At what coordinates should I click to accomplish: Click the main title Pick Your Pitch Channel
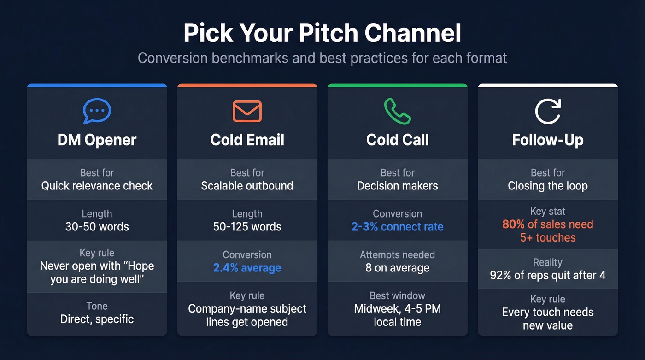[x=322, y=33]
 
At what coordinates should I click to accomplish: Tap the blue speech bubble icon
[x=97, y=111]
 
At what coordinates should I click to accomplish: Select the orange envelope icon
[x=247, y=111]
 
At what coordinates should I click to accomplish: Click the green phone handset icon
[x=397, y=111]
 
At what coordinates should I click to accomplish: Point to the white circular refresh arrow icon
[x=548, y=111]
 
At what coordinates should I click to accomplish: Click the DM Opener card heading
[x=97, y=140]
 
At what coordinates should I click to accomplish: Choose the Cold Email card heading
[x=247, y=140]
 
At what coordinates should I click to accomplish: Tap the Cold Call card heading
[x=397, y=140]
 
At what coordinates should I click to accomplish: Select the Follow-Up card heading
[x=548, y=140]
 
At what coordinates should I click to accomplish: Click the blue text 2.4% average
[x=247, y=268]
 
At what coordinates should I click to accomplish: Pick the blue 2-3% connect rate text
[x=397, y=227]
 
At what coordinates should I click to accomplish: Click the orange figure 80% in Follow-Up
[x=513, y=224]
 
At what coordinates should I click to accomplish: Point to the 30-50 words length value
[x=97, y=227]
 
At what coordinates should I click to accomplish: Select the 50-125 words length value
[x=247, y=227]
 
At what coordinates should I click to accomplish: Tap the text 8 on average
[x=397, y=268]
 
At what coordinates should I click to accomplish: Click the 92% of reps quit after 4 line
[x=548, y=276]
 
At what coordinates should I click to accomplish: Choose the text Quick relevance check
[x=97, y=186]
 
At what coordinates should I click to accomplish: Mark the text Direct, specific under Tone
[x=97, y=319]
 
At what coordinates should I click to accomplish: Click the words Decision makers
[x=397, y=186]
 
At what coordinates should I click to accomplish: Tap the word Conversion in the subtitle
[x=171, y=59]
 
